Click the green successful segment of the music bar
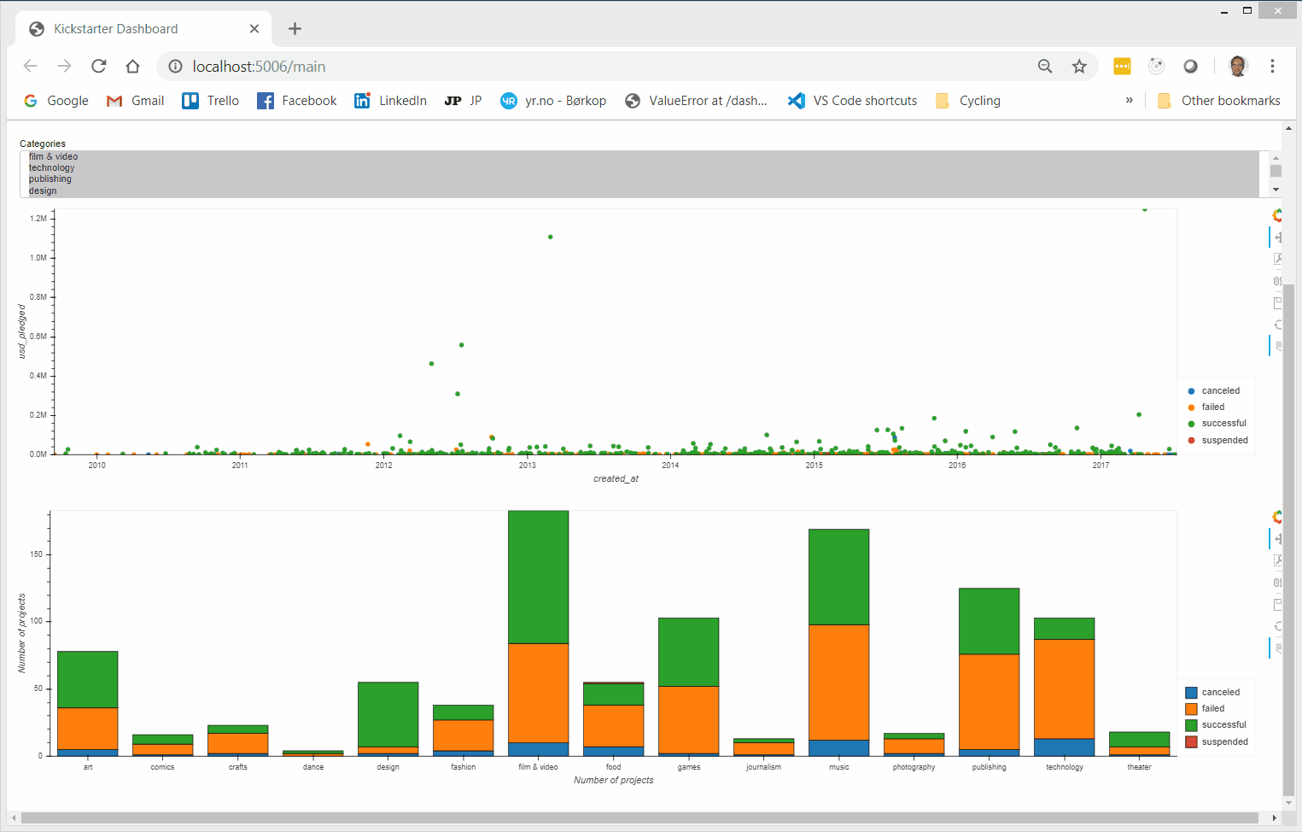tap(838, 577)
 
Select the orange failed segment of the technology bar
tap(1064, 688)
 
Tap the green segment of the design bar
tap(388, 714)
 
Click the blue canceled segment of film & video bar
tap(538, 749)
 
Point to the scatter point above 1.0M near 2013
tap(550, 237)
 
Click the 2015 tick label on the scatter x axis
tap(814, 465)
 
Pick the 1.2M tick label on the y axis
tap(38, 219)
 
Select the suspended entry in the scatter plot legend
tap(1224, 440)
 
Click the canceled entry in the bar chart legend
tap(1220, 692)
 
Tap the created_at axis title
tap(616, 478)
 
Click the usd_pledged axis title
tap(22, 331)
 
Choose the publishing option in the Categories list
tap(50, 179)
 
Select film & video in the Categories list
tap(53, 156)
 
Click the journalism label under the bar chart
tap(763, 767)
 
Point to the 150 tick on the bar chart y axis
tap(36, 554)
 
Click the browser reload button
tap(99, 66)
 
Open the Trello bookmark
tap(211, 101)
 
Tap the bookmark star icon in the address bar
tap(1079, 66)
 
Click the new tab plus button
tap(295, 28)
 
